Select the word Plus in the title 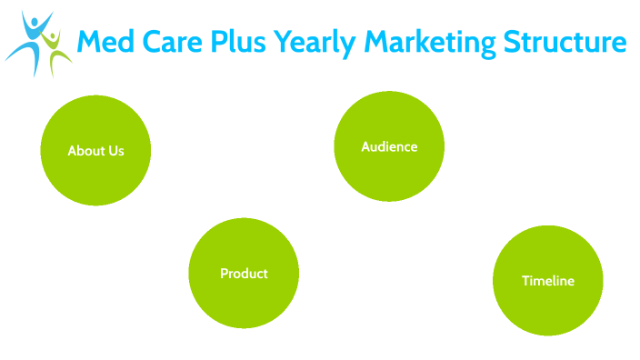pyautogui.click(x=234, y=42)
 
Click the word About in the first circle pyautogui.click(x=85, y=151)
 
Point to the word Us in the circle pyautogui.click(x=115, y=151)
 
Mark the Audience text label pyautogui.click(x=389, y=146)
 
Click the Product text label pyautogui.click(x=244, y=273)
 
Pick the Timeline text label pyautogui.click(x=548, y=281)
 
